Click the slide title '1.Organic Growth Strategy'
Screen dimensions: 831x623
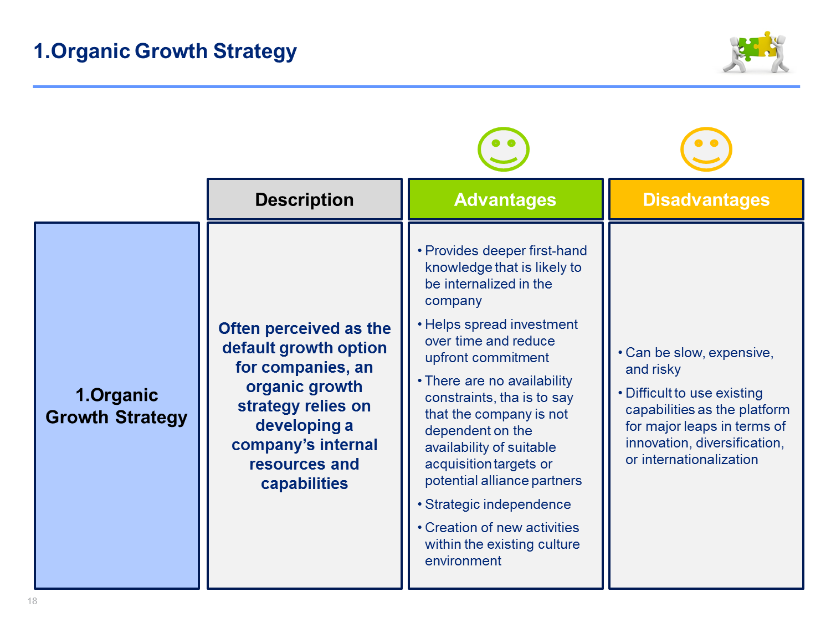[x=165, y=51]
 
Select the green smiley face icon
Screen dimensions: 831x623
[x=503, y=149]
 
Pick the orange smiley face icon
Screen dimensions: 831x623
[x=706, y=149]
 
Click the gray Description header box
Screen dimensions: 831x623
[x=304, y=199]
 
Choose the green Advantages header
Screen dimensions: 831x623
[x=505, y=199]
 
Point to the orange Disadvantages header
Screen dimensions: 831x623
[x=706, y=199]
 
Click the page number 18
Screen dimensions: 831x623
[x=32, y=601]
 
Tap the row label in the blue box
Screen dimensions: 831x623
[x=116, y=406]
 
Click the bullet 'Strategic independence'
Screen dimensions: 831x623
[x=497, y=504]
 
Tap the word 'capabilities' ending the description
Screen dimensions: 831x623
[x=304, y=484]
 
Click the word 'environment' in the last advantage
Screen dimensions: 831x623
[x=463, y=560]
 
